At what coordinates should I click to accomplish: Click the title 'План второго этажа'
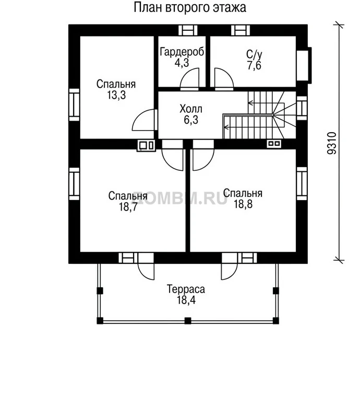[x=190, y=7]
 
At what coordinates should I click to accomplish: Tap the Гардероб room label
[x=182, y=52]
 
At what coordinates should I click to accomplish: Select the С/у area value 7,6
[x=254, y=66]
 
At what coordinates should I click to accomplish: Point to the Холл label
[x=191, y=109]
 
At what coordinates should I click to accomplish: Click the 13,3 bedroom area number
[x=116, y=95]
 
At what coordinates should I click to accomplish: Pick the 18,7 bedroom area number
[x=128, y=207]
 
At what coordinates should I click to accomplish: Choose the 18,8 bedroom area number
[x=243, y=204]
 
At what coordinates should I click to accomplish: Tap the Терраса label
[x=186, y=289]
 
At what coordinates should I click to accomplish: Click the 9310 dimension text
[x=332, y=143]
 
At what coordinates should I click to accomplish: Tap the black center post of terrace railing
[x=188, y=321]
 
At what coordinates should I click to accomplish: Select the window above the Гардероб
[x=188, y=30]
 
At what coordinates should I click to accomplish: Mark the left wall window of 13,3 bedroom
[x=74, y=104]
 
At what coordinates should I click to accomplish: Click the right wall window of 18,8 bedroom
[x=302, y=183]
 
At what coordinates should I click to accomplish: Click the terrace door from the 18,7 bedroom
[x=146, y=266]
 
